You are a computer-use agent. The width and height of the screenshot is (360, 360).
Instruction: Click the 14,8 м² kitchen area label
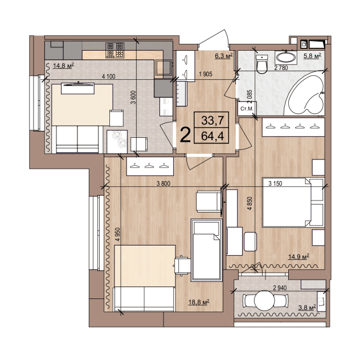(63, 66)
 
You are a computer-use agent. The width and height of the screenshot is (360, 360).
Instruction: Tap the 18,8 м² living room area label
(199, 302)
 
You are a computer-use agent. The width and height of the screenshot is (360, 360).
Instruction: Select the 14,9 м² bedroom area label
(298, 256)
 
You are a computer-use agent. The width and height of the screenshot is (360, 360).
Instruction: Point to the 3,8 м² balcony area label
(307, 308)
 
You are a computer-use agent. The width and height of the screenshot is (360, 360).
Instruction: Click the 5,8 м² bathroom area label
(312, 56)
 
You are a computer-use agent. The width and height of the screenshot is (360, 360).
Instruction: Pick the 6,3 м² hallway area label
(224, 56)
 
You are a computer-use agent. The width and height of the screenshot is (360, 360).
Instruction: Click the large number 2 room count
(185, 135)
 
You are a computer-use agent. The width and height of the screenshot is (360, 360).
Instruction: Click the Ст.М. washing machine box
(247, 108)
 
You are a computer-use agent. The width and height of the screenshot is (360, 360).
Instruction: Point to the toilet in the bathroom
(262, 64)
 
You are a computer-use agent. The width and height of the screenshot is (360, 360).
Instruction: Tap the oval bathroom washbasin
(286, 58)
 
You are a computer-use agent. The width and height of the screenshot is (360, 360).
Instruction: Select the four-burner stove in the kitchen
(115, 50)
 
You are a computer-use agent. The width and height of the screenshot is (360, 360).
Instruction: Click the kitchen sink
(163, 68)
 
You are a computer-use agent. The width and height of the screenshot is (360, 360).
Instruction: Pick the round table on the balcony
(264, 300)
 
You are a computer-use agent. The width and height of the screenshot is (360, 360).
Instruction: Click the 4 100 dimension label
(108, 76)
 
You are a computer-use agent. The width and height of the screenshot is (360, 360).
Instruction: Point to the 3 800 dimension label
(163, 183)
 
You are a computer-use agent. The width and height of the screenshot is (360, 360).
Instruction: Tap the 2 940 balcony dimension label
(280, 288)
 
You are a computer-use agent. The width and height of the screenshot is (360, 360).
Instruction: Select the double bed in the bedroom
(293, 203)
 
